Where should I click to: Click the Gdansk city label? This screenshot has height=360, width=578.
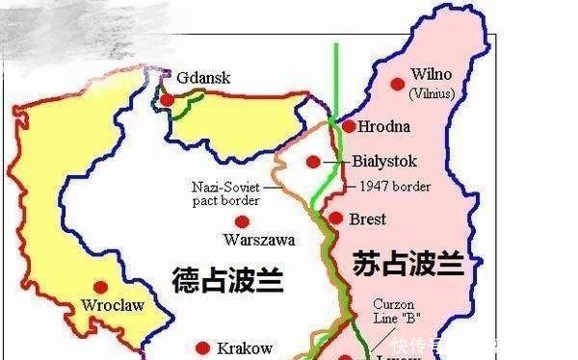(x=203, y=78)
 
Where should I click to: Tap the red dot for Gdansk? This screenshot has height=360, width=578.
(x=168, y=99)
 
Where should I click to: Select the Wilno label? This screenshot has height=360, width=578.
(x=431, y=74)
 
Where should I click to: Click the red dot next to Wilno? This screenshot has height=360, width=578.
(x=397, y=84)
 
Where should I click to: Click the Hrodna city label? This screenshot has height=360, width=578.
(x=383, y=126)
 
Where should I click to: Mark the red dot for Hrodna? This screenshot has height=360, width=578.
(x=348, y=126)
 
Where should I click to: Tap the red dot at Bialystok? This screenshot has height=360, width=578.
(x=312, y=162)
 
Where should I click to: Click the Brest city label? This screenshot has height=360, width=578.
(x=368, y=219)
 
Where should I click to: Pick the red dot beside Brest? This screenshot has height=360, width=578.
(x=335, y=219)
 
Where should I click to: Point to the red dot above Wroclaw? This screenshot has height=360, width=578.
(x=101, y=287)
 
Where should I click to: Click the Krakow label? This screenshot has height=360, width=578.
(x=245, y=347)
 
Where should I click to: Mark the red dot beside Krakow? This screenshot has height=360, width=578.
(x=202, y=348)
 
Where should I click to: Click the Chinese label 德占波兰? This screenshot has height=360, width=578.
(x=226, y=280)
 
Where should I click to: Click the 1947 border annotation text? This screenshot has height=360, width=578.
(x=394, y=187)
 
